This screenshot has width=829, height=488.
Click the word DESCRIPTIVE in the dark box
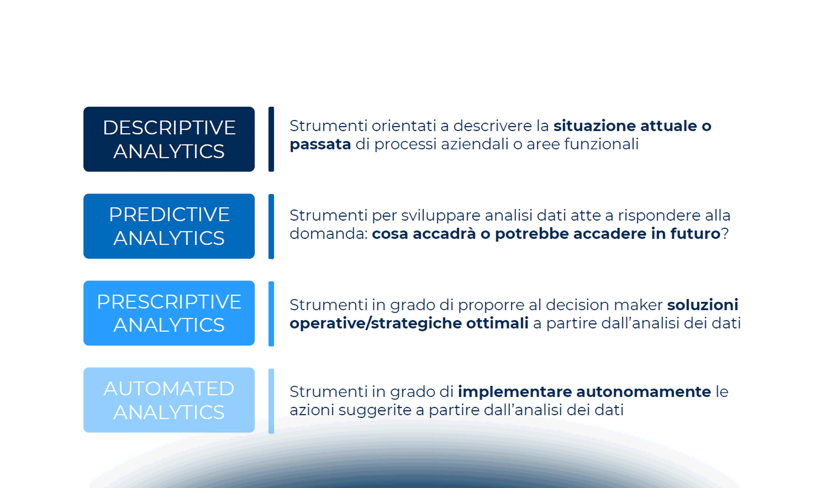(169, 128)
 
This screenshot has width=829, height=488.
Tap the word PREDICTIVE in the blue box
(169, 214)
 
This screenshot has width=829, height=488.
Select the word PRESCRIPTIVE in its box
(169, 302)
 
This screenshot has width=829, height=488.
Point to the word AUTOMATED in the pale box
(169, 388)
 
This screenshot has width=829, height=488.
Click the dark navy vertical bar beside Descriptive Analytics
(271, 139)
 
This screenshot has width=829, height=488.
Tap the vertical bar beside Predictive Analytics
(271, 226)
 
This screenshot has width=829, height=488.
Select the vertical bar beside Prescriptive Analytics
(271, 313)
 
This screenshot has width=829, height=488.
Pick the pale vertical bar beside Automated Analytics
(271, 401)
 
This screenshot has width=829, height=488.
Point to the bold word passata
(320, 144)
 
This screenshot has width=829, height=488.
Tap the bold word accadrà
(444, 234)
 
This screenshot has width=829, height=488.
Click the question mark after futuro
(725, 234)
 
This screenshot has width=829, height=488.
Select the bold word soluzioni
(703, 305)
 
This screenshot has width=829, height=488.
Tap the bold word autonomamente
(644, 392)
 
